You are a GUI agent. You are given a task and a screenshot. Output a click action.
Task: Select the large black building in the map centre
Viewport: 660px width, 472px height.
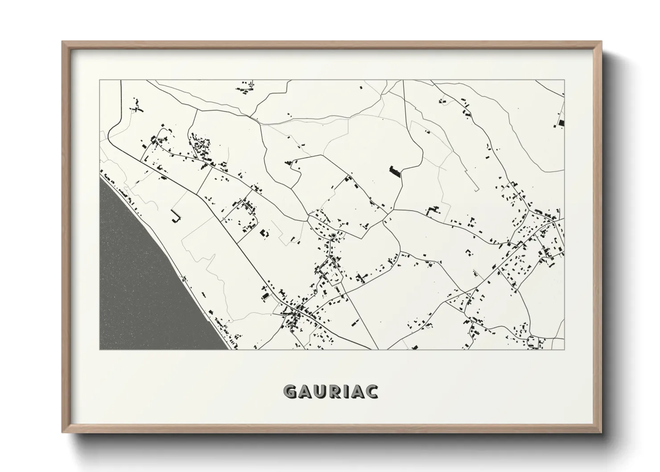click(395, 172)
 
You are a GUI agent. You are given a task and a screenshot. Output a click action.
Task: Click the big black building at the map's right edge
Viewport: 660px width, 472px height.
click(561, 122)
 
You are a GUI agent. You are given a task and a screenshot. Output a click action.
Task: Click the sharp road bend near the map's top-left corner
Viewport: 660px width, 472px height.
click(111, 129)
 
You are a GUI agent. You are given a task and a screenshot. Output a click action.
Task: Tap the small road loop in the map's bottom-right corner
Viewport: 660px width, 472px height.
click(531, 341)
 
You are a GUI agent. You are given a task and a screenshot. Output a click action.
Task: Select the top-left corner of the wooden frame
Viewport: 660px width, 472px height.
click(63, 42)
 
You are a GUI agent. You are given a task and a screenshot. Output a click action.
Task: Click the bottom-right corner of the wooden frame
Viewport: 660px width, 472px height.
click(601, 432)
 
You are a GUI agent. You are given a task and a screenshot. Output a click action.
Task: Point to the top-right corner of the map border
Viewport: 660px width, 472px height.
click(564, 80)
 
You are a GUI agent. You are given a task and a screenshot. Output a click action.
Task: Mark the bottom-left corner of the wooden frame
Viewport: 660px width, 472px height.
click(63, 432)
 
